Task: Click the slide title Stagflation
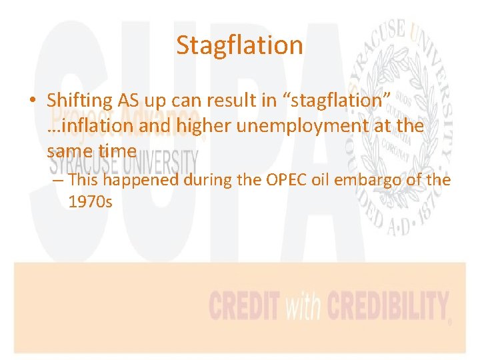click(x=240, y=45)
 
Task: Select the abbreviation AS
click(x=130, y=100)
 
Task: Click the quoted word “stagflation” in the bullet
click(x=337, y=100)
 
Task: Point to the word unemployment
click(x=301, y=125)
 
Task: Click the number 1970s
click(x=91, y=201)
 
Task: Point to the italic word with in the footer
click(x=303, y=307)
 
